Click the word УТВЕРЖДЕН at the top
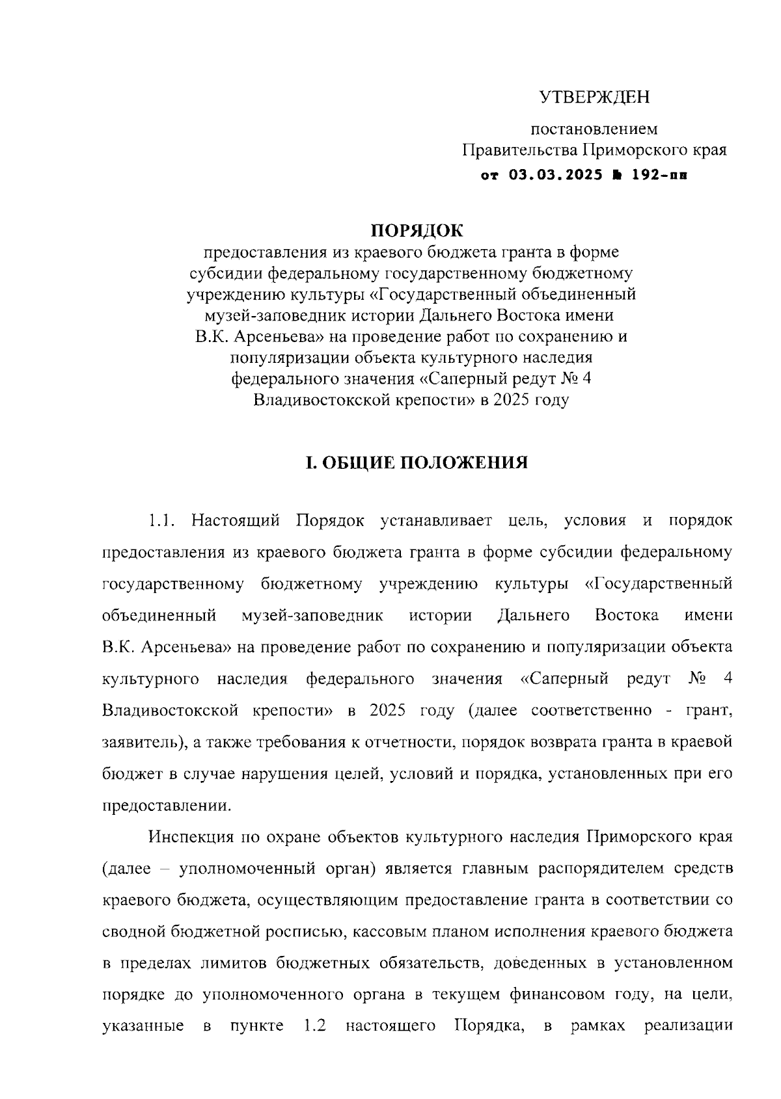point(595,98)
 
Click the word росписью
point(298,931)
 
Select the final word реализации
point(688,1026)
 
